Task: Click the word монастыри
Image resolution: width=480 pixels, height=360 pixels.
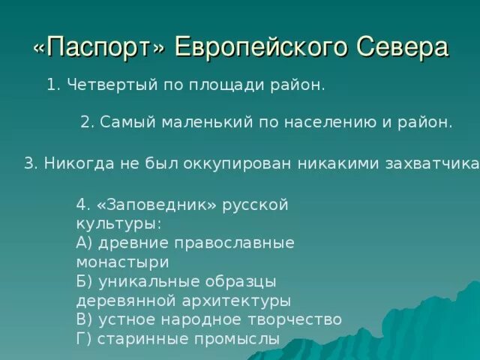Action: coord(122,262)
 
